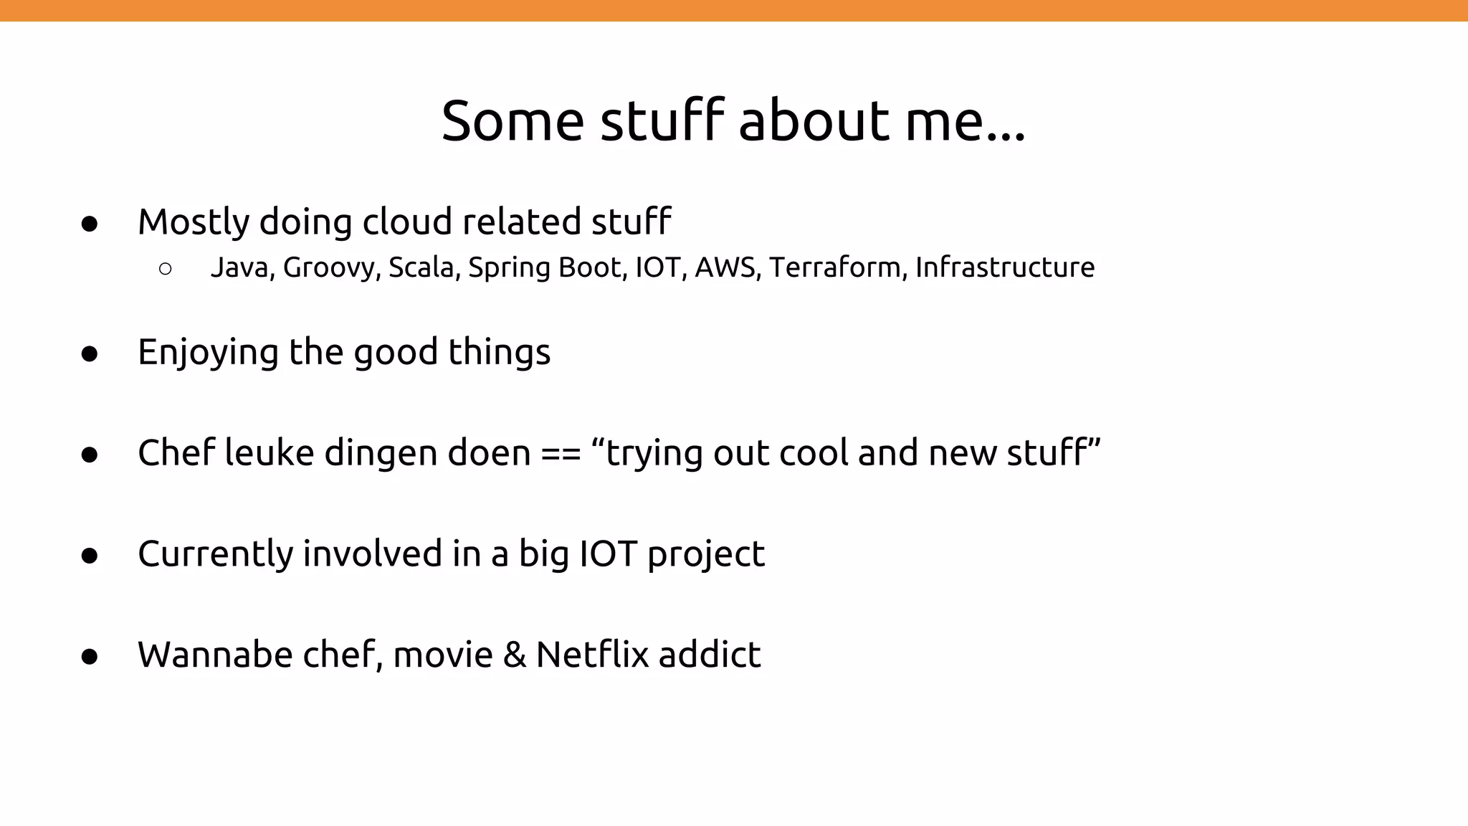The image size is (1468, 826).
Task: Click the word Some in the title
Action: pyautogui.click(x=513, y=120)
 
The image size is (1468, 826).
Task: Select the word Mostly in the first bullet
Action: pyautogui.click(x=193, y=222)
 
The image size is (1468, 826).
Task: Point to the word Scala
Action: pyautogui.click(x=424, y=267)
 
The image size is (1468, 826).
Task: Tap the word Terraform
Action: pyautogui.click(x=838, y=267)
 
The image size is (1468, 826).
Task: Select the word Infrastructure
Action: pyautogui.click(x=1005, y=267)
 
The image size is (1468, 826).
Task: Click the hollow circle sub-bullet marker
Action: pyautogui.click(x=165, y=269)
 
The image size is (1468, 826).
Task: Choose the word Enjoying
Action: pyautogui.click(x=208, y=353)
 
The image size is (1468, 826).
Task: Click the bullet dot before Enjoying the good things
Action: pyautogui.click(x=90, y=354)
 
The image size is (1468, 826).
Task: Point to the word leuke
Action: pyautogui.click(x=269, y=453)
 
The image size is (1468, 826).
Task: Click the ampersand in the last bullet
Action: pyautogui.click(x=514, y=655)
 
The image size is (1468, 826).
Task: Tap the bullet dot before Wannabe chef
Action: pyautogui.click(x=90, y=657)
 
